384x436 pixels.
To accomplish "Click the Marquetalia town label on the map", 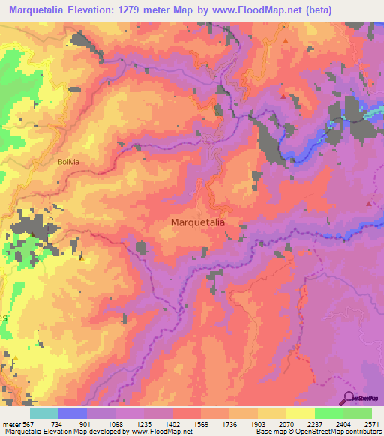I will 199,222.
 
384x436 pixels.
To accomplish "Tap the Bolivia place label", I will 68,161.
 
